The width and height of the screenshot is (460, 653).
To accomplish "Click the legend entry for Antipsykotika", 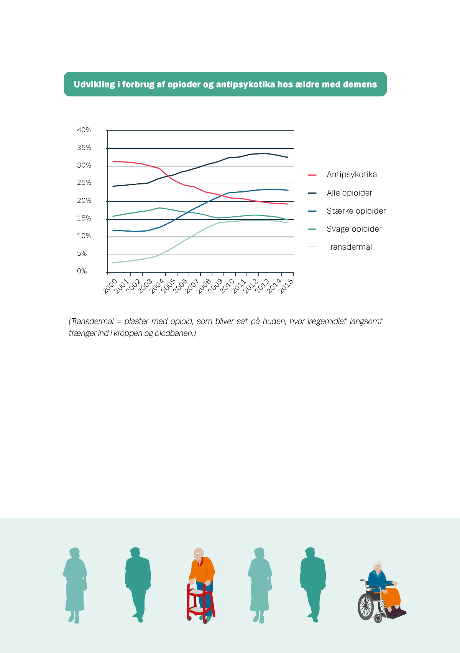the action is (x=352, y=174).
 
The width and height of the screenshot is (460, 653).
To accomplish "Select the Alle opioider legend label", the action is (x=349, y=193).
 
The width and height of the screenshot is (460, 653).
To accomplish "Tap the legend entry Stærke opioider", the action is (x=356, y=211).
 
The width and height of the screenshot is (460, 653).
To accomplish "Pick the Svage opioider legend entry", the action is (x=354, y=229).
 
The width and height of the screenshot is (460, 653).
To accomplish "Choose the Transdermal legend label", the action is (x=349, y=247).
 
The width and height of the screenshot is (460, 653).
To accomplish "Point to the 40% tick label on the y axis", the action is (x=84, y=130).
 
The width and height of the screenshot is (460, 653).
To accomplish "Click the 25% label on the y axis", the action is (x=84, y=183).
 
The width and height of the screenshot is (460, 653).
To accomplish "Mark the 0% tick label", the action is (x=82, y=271).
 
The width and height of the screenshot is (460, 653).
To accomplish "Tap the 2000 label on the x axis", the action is (x=110, y=286).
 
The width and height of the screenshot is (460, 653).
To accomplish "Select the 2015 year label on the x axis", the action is (x=286, y=286).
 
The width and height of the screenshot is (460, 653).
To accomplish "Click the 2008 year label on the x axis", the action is (x=204, y=286).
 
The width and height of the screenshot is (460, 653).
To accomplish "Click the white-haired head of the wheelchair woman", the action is (x=378, y=566).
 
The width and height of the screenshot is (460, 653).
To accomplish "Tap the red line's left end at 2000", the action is (x=113, y=161).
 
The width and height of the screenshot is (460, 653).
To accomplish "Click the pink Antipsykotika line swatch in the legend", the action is (x=312, y=175).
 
